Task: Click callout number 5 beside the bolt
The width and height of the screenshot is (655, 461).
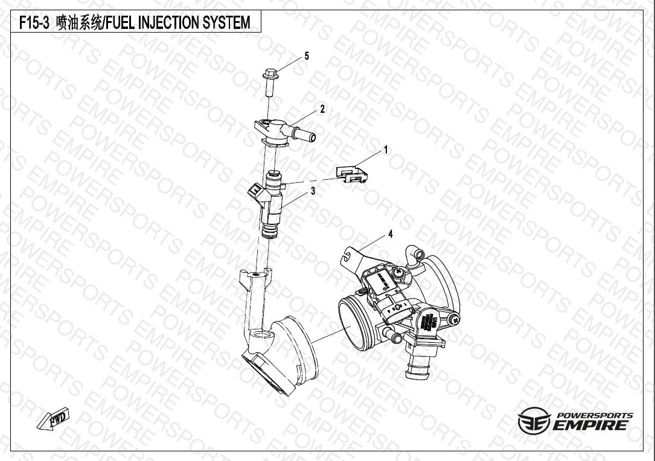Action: click(307, 56)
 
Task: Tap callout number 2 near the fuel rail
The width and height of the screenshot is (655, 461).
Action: click(322, 109)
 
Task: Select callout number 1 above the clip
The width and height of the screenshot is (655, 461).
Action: click(386, 150)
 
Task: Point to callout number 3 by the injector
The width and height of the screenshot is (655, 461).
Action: click(313, 191)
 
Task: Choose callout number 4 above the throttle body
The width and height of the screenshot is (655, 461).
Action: click(391, 234)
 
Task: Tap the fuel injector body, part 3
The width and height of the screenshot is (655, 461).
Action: click(270, 204)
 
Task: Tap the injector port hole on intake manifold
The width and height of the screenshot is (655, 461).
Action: click(263, 334)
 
